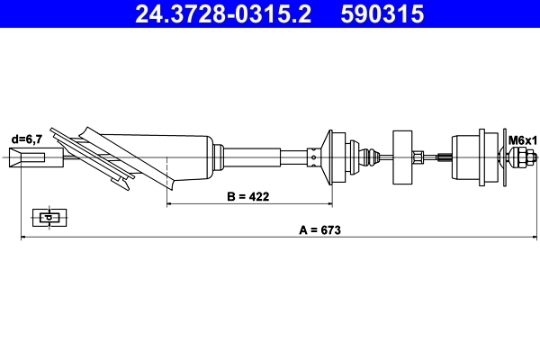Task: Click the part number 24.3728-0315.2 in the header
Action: (225, 14)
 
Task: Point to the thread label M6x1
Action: (522, 140)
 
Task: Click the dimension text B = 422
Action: (247, 195)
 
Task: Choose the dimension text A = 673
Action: (319, 229)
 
